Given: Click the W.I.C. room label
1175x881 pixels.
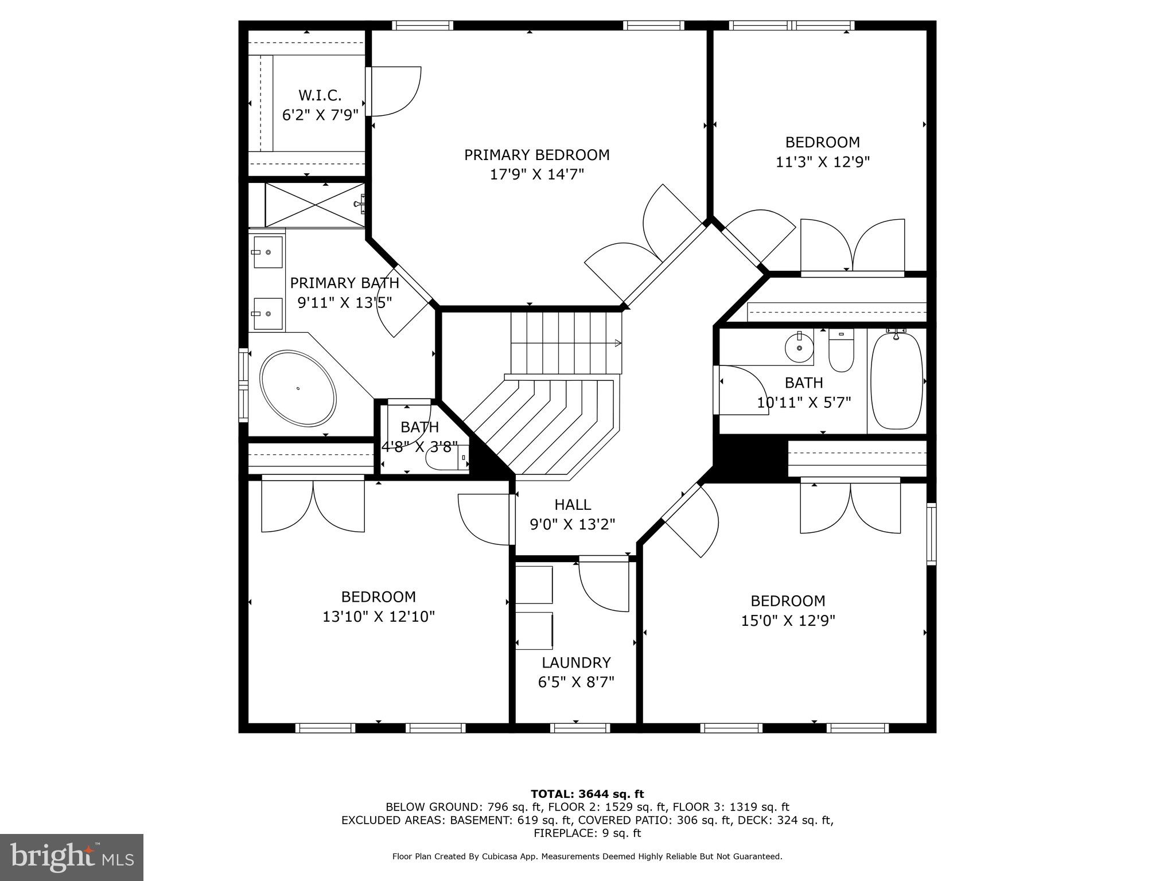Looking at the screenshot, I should (x=320, y=95).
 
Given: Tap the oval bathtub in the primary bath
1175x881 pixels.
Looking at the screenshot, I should (x=298, y=388).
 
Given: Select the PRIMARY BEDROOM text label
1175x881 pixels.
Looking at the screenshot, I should (x=536, y=155).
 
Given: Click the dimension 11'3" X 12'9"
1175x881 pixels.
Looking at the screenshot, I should (x=822, y=162).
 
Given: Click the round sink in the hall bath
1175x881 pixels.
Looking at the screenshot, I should (x=799, y=348).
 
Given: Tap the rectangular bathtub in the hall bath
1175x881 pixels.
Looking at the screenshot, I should (x=896, y=381).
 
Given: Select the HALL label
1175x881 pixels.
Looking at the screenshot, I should (x=572, y=505).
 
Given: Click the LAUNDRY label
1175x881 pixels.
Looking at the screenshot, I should (x=575, y=662).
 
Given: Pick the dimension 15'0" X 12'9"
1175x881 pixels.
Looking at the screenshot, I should (x=788, y=621).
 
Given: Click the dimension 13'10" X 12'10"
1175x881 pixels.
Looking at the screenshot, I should (x=378, y=617).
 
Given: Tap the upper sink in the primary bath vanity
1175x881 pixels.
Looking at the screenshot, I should (x=267, y=252).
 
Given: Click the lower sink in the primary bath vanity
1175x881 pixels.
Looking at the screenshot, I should (x=267, y=314).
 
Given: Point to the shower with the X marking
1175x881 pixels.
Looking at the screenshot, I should (x=314, y=205).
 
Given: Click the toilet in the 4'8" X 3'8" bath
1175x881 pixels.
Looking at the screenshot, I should (x=445, y=459).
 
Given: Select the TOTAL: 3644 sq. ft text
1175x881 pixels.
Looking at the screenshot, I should (x=587, y=794).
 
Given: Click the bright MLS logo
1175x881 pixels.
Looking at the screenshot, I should (x=71, y=857).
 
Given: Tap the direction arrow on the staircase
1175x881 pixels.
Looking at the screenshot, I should (x=617, y=344).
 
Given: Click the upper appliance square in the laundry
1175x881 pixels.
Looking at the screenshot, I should (x=534, y=584).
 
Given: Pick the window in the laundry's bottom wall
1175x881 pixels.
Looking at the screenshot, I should (x=579, y=728).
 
